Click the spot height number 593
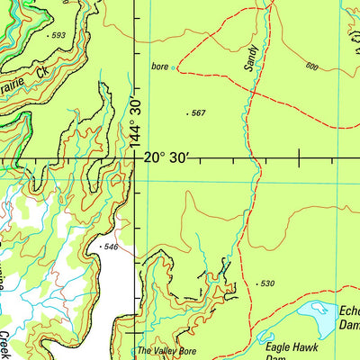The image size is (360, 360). click(59, 35)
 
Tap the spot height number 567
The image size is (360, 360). click(199, 113)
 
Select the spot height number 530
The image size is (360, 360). click(266, 283)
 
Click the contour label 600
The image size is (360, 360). click(311, 67)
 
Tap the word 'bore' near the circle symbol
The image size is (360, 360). click(160, 67)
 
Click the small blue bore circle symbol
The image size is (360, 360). click(175, 67)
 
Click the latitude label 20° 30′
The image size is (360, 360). click(166, 157)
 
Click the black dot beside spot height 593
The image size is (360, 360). click(48, 35)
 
